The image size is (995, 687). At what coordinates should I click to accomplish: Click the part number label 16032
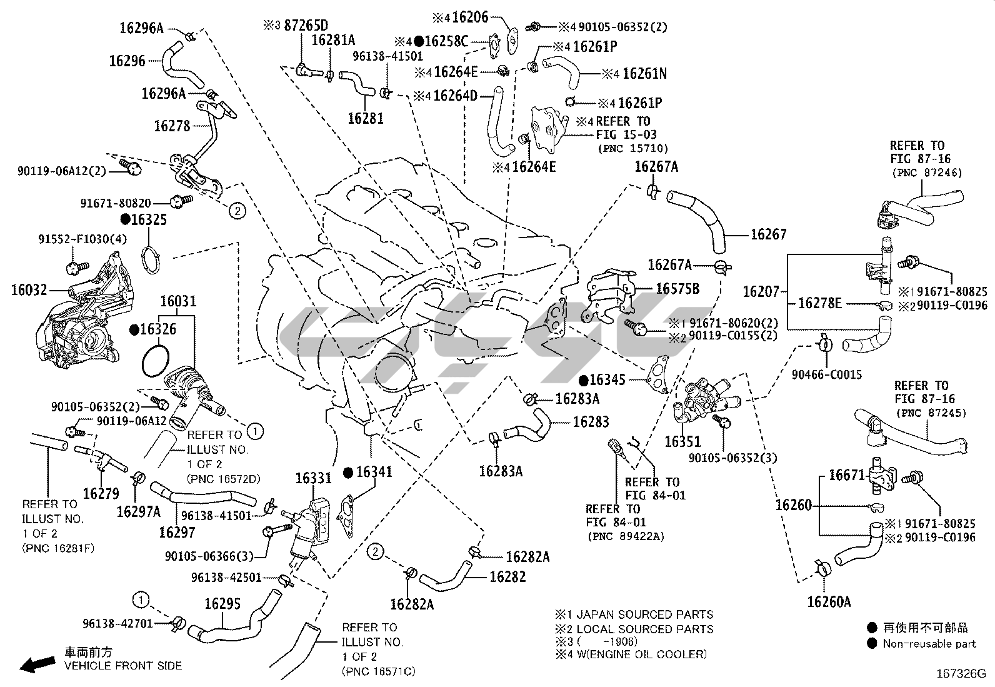pos(29,289)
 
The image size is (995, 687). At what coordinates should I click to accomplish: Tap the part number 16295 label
pos(222,604)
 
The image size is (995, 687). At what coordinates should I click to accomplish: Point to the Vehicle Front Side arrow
pos(36,663)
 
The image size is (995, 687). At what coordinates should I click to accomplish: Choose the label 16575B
pos(677,289)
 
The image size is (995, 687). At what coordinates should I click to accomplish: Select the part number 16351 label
pos(682,442)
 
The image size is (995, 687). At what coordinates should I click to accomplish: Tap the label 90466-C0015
pos(827,374)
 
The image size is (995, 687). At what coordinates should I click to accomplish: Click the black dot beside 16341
pos(348,472)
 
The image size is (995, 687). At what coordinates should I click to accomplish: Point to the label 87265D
pos(306,26)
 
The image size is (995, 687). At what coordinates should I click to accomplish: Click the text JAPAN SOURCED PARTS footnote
pos(644,614)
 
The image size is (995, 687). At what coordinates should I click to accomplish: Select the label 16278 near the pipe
pos(172,126)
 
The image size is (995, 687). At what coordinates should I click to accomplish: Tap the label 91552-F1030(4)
pos(82,239)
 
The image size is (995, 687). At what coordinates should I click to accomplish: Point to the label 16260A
pos(829,602)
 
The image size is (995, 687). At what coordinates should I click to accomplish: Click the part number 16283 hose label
pos(591,422)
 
